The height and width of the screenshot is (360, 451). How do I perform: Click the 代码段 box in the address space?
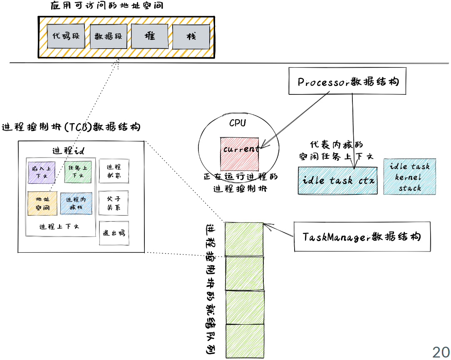tap(66, 36)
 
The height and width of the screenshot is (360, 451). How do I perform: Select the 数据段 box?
tap(108, 36)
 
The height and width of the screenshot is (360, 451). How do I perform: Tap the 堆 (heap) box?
tap(149, 36)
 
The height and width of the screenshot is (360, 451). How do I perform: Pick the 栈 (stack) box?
tap(191, 37)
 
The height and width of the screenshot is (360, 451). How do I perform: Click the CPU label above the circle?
tap(238, 123)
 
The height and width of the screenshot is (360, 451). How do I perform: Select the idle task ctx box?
tap(338, 180)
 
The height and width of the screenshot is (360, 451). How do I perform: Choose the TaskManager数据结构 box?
tap(362, 237)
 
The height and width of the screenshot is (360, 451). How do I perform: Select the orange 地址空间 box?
tap(42, 203)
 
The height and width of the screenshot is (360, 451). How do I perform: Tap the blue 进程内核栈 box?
tap(76, 203)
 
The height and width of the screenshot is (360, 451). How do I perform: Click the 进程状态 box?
tap(114, 170)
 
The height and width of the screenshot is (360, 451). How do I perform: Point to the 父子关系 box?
tap(114, 203)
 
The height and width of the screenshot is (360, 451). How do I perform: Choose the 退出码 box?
tap(114, 233)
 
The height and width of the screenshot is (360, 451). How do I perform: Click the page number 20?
tap(440, 352)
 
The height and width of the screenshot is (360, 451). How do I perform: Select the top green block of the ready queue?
tap(244, 239)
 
